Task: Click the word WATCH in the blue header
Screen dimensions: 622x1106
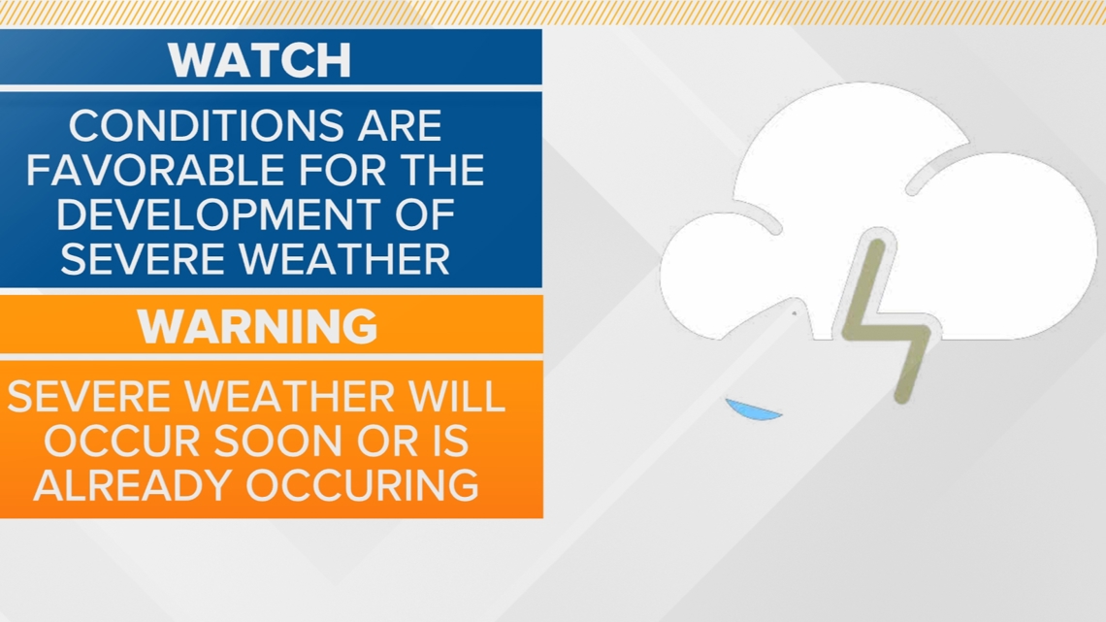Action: point(259,59)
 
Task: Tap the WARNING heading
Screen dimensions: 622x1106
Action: point(257,326)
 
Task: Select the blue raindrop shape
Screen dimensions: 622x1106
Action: point(753,409)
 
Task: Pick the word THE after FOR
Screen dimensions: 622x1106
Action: point(438,170)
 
